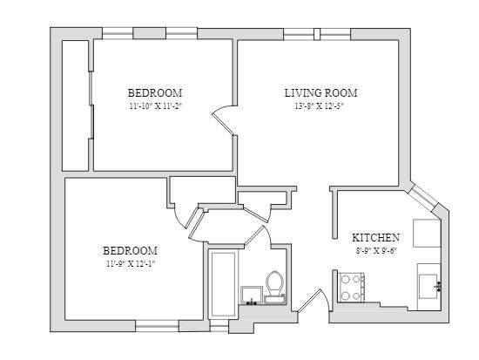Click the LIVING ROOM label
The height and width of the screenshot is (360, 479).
pyautogui.click(x=320, y=93)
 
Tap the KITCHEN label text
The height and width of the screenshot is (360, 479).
pyautogui.click(x=375, y=238)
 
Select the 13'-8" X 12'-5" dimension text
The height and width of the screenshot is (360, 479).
pyautogui.click(x=320, y=106)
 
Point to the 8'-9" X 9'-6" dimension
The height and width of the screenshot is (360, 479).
pyautogui.click(x=375, y=251)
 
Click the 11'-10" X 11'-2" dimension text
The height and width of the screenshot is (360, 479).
pyautogui.click(x=155, y=106)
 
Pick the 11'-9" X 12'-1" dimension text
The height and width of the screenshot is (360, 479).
pyautogui.click(x=131, y=263)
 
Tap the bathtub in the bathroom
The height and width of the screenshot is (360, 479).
pyautogui.click(x=223, y=285)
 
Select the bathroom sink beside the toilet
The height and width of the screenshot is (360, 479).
pyautogui.click(x=252, y=295)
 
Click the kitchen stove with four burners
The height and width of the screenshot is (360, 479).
pyautogui.click(x=351, y=287)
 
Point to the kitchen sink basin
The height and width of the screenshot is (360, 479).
pyautogui.click(x=428, y=286)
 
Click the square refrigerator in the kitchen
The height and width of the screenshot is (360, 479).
pyautogui.click(x=427, y=233)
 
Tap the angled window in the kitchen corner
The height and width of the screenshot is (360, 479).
pyautogui.click(x=422, y=197)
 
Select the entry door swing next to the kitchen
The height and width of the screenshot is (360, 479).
pyautogui.click(x=314, y=301)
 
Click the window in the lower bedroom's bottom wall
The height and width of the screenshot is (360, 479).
pyautogui.click(x=157, y=326)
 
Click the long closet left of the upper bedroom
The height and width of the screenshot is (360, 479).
pyautogui.click(x=76, y=105)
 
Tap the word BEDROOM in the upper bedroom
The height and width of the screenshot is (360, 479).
pyautogui.click(x=155, y=92)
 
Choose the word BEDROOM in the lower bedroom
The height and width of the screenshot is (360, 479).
pyautogui.click(x=130, y=251)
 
